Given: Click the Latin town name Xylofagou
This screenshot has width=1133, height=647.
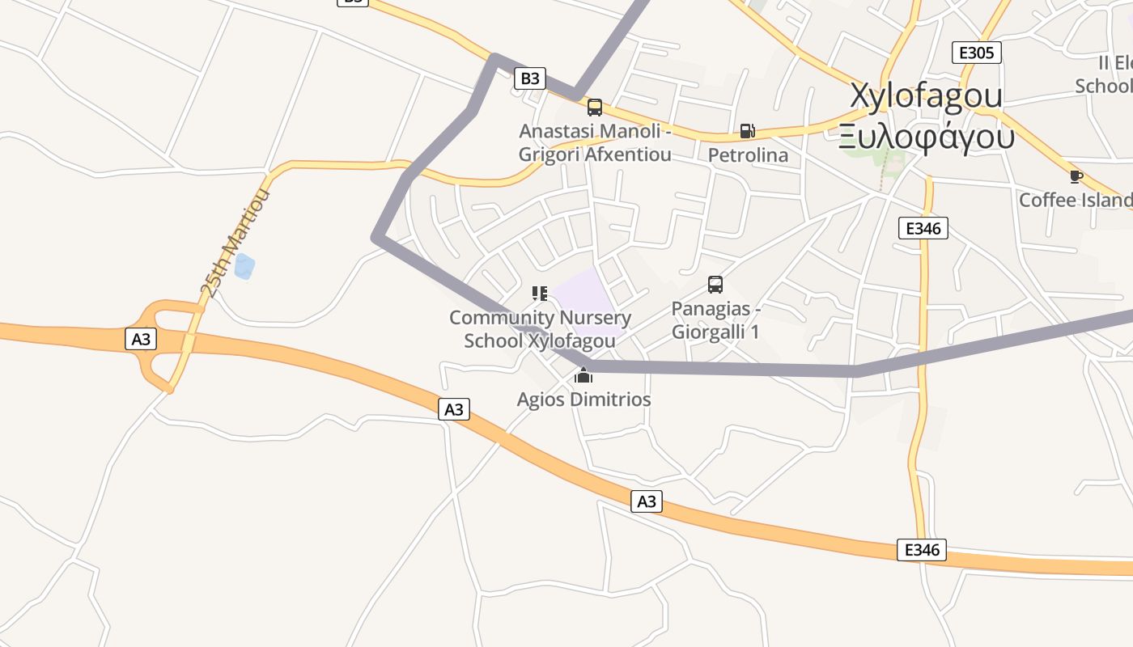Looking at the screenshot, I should tap(926, 95).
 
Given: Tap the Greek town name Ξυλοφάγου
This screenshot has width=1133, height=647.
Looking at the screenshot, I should tap(926, 137).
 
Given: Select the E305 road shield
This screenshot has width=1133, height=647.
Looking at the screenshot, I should tap(976, 53).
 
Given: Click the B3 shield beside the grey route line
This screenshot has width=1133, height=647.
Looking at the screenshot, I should tap(529, 78).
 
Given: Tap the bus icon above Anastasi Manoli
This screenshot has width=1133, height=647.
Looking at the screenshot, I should tap(595, 108).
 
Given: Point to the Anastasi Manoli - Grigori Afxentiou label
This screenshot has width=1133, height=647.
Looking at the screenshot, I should tap(595, 142).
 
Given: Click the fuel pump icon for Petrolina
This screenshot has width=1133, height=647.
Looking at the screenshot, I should tap(748, 131).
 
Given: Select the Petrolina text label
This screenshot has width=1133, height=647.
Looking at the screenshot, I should tap(748, 154).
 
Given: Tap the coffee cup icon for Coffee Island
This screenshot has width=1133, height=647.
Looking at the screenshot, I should tap(1076, 176).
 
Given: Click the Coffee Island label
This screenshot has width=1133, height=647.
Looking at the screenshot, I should tap(1076, 200).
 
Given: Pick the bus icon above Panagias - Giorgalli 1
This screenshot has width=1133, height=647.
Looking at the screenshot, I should tap(715, 285).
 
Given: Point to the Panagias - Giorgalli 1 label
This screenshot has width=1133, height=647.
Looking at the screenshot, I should tap(715, 320).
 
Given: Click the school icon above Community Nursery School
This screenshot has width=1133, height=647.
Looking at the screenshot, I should tap(540, 293).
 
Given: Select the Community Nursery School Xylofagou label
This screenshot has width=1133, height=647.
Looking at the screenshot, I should tap(540, 329).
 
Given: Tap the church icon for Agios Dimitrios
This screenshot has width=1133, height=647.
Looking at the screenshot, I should tap(583, 375).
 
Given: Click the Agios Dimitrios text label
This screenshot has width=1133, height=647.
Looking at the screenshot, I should tap(583, 400).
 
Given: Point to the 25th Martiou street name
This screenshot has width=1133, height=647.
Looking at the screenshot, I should tap(235, 243).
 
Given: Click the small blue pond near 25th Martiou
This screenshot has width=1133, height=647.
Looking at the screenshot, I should tap(244, 266).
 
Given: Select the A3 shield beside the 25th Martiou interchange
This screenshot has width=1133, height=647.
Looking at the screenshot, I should tap(141, 339).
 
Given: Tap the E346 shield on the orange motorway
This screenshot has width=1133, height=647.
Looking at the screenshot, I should tap(922, 550).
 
